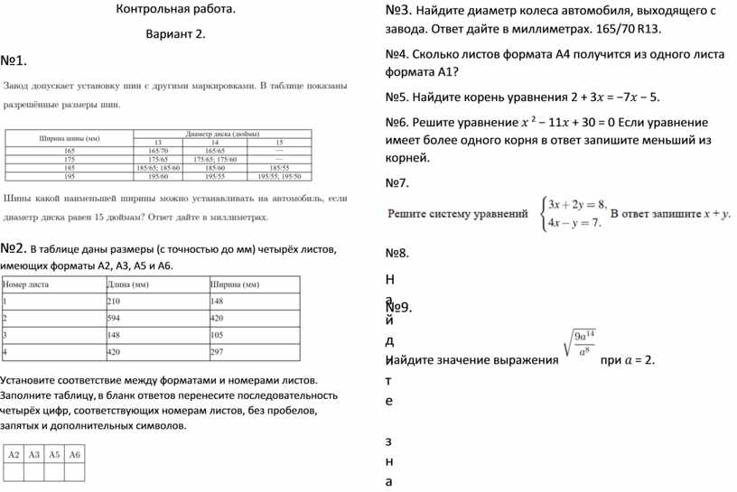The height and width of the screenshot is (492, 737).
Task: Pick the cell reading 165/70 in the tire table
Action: click(159, 150)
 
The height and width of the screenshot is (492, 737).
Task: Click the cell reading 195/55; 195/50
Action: click(280, 176)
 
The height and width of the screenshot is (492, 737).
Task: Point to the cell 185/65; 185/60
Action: click(159, 167)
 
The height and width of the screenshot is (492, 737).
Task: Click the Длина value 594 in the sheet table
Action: click(115, 318)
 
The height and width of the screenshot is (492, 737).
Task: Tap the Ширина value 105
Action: click(218, 335)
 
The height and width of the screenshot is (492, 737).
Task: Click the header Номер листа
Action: click(27, 283)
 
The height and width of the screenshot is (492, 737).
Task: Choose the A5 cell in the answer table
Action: click(54, 455)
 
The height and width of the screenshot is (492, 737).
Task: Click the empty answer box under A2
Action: click(14, 472)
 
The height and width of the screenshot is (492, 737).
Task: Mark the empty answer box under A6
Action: click(75, 472)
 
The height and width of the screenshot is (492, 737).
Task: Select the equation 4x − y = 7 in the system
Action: click(574, 223)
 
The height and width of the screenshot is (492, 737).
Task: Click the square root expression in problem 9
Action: click(578, 344)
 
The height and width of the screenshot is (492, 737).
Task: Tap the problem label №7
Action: click(397, 183)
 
